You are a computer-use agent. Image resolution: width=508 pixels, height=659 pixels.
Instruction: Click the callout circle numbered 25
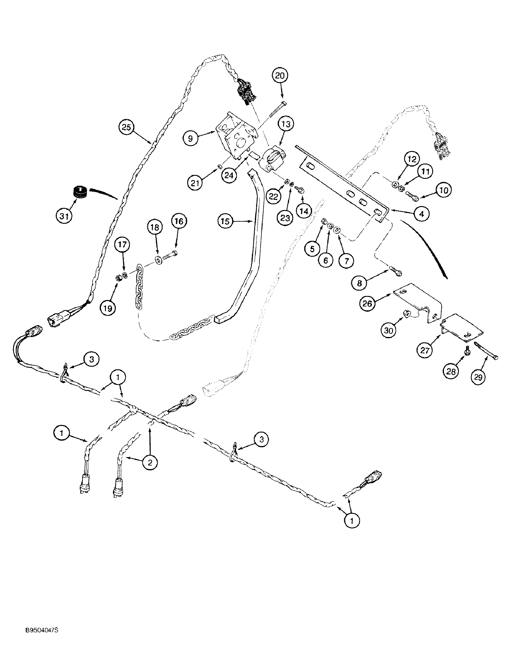coord(126,127)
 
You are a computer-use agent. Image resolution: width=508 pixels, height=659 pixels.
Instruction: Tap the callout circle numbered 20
coord(280,76)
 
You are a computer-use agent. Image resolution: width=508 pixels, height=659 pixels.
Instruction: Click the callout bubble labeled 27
coord(425,350)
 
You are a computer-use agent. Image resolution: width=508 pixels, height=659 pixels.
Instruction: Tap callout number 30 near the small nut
coord(389,331)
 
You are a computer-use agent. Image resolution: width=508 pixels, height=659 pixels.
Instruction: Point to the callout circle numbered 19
coord(108,308)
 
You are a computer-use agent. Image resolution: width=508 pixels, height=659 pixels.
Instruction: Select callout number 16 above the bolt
coord(179,221)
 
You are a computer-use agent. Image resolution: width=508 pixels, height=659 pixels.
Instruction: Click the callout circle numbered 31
coord(64,215)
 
